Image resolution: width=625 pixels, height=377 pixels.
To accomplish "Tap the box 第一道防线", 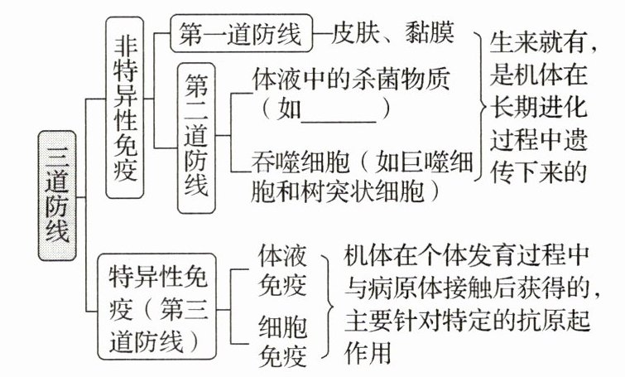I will click(239, 34).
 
